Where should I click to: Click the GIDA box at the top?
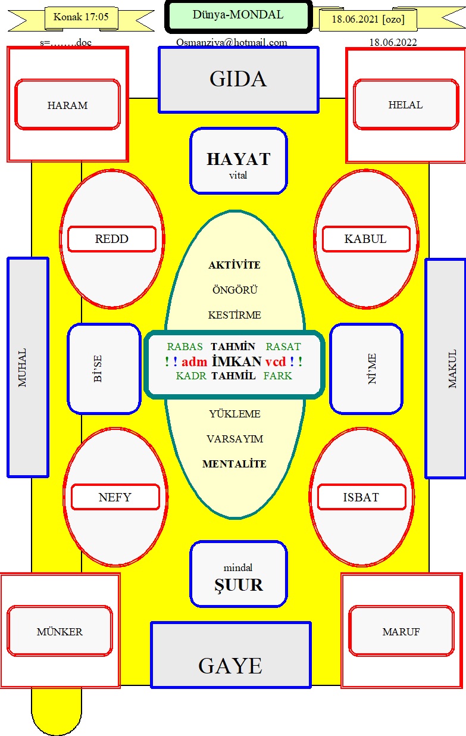[x=239, y=80]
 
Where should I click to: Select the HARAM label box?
[x=68, y=104]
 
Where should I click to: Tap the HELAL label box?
[x=406, y=104]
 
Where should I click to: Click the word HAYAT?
[x=239, y=159]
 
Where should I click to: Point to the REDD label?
[x=112, y=239]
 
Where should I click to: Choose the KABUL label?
[x=366, y=239]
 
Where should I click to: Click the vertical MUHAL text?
[x=22, y=367]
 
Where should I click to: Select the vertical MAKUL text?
[x=452, y=369]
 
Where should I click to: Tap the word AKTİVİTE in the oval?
[x=234, y=265]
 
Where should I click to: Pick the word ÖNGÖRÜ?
[x=235, y=290]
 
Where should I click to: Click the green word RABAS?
[x=184, y=347]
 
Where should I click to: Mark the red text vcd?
[x=276, y=362]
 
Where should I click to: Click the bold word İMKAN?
[x=236, y=361]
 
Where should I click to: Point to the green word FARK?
[x=277, y=376]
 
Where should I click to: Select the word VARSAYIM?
[x=235, y=439]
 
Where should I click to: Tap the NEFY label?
[x=115, y=497]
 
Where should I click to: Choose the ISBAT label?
[x=361, y=497]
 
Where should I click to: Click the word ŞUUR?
[x=239, y=585]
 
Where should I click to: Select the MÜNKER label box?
[x=60, y=631]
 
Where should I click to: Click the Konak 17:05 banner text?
[x=81, y=17]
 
